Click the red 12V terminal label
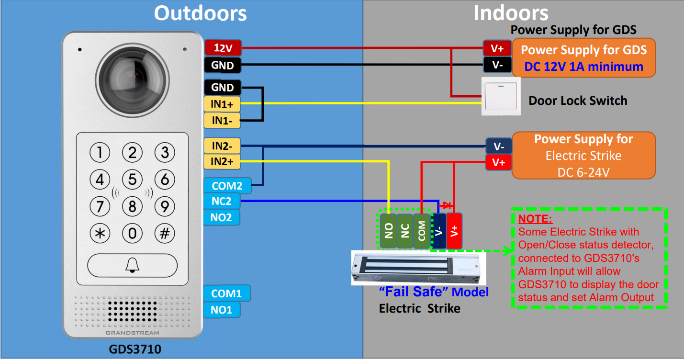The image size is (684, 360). (223, 48)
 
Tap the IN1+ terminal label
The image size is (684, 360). (222, 104)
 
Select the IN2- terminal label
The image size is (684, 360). (222, 146)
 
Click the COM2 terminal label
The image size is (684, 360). (227, 186)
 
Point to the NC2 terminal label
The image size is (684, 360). (222, 201)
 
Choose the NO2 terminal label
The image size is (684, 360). (222, 217)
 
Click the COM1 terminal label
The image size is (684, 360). (226, 293)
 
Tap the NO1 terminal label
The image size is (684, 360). (222, 310)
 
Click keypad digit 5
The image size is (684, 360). (132, 179)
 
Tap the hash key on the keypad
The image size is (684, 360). (165, 234)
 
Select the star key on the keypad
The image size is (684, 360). (100, 234)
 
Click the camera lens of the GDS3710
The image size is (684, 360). (132, 80)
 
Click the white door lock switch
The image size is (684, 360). (501, 97)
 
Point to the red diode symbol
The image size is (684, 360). (446, 205)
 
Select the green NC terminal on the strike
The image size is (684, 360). (405, 231)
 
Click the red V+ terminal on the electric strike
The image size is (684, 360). (454, 231)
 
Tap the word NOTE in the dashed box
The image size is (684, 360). (535, 219)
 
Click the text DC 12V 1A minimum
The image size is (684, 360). (583, 67)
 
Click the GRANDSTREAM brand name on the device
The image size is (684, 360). (133, 333)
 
